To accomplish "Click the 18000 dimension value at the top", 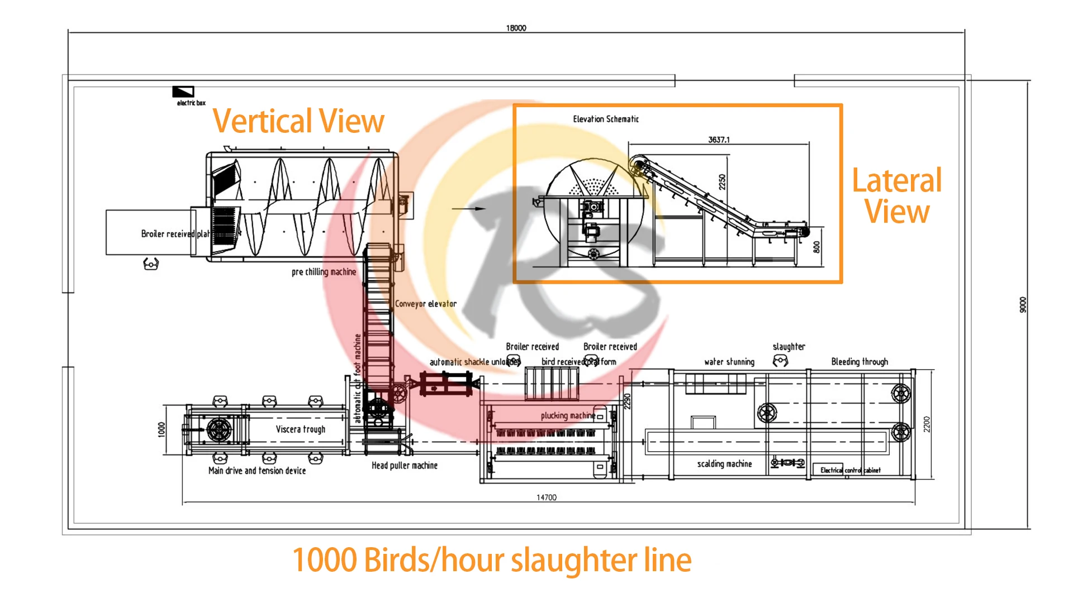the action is (x=516, y=28).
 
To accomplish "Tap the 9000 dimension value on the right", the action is (x=1023, y=305).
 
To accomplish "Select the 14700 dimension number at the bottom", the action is (x=546, y=497).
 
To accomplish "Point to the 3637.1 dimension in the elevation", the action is (x=719, y=140).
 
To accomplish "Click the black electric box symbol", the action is (x=183, y=92).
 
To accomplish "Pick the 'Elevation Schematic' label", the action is (x=606, y=119).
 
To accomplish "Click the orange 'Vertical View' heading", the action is (x=298, y=121).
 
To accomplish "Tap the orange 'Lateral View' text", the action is (x=897, y=195).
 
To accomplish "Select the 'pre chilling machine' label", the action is (x=324, y=272).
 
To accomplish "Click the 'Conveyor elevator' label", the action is (x=426, y=304).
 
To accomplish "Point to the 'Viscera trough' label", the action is (x=300, y=429).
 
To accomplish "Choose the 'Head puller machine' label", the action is (x=405, y=465).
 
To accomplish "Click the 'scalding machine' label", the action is (x=724, y=463).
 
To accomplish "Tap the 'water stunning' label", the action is (x=729, y=362).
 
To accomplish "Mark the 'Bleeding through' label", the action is (x=860, y=362).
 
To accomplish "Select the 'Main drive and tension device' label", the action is (x=257, y=471).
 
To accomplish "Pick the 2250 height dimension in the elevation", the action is (x=722, y=182).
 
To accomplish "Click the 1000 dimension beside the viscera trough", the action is (x=162, y=429).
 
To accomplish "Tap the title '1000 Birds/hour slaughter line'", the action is (x=492, y=560).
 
